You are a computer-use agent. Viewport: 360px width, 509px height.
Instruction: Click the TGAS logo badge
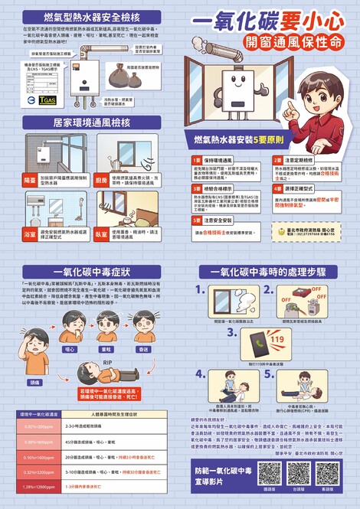click(x=47, y=99)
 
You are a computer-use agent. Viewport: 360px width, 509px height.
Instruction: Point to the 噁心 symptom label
click(x=70, y=349)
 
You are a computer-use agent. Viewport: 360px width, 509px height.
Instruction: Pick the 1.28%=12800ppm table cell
click(x=38, y=487)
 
